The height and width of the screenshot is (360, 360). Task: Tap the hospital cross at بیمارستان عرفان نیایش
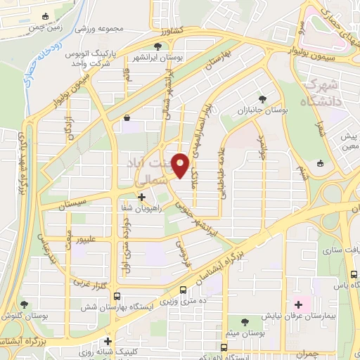pyautogui.click(x=299, y=304)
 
